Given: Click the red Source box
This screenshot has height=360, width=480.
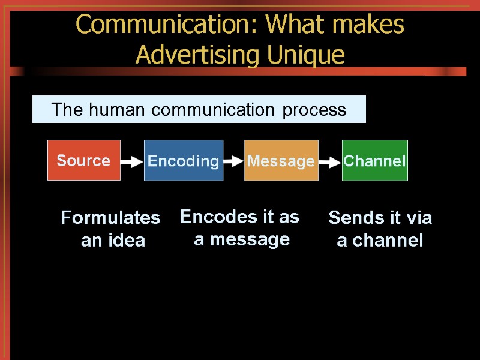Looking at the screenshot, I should [84, 160].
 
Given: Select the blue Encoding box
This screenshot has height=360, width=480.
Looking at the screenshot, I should [184, 160].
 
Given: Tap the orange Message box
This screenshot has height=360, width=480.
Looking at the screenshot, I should [281, 160].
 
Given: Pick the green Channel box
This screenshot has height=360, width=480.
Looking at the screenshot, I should [374, 160].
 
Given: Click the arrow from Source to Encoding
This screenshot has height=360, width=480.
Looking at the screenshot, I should [132, 161].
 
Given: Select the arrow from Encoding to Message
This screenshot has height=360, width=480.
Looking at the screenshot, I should [233, 161].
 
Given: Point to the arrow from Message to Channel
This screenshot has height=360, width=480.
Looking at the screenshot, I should [329, 161].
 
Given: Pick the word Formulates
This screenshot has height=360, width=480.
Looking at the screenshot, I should [110, 218].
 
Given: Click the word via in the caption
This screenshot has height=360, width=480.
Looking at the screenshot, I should [419, 218].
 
